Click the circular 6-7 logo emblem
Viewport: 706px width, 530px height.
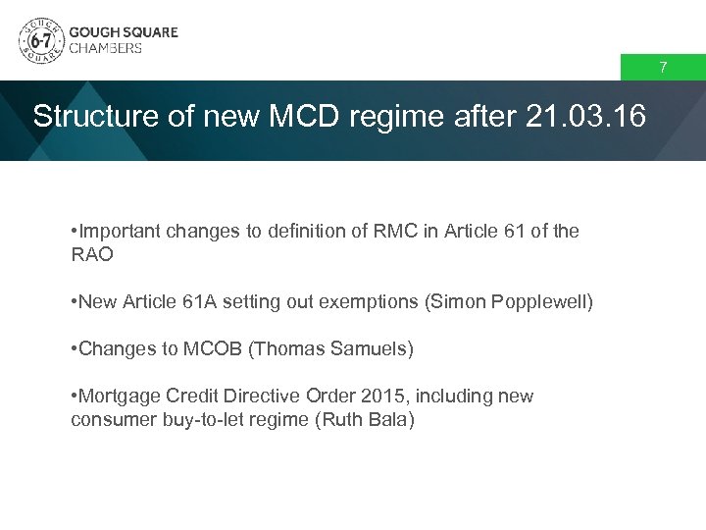click(39, 40)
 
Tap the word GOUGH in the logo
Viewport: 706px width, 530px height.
click(93, 31)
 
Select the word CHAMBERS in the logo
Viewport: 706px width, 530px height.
click(106, 48)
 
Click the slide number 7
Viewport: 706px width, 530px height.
click(663, 68)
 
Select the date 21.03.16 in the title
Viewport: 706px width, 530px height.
click(586, 117)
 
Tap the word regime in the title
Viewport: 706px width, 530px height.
click(400, 117)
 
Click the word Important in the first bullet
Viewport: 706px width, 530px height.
click(120, 232)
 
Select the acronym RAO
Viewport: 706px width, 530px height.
click(93, 254)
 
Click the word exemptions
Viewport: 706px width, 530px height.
click(364, 302)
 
